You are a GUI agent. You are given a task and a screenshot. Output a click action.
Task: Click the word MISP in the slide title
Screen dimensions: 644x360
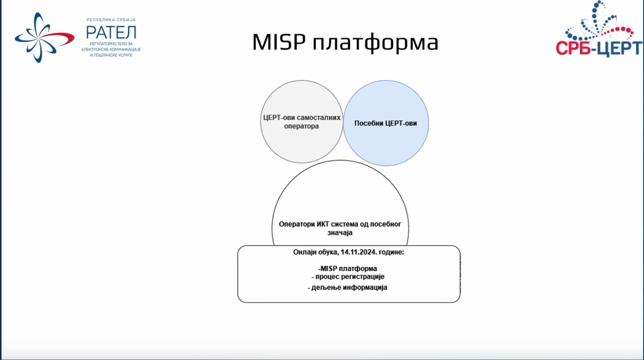[279, 42]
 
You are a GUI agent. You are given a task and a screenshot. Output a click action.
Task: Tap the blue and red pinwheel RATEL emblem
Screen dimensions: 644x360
[44, 38]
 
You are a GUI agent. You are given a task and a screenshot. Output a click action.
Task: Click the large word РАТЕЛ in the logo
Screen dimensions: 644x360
[111, 32]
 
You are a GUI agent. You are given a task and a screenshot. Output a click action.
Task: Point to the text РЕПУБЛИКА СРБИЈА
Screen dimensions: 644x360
[111, 20]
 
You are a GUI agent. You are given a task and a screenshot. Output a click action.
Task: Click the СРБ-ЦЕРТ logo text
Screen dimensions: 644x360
[599, 48]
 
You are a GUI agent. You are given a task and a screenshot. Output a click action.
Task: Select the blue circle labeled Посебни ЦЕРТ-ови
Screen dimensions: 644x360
[386, 123]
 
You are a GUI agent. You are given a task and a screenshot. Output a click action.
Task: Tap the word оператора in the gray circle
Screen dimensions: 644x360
[301, 126]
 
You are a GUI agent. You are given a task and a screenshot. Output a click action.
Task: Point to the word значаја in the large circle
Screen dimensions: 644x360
[340, 233]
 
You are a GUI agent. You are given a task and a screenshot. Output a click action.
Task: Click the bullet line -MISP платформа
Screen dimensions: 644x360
[348, 269]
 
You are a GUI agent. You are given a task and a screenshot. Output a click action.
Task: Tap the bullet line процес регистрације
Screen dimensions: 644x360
[348, 277]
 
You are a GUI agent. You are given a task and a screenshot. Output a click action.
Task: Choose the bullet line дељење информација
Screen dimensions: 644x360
[347, 287]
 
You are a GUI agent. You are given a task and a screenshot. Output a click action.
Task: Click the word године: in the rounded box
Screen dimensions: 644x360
[391, 252]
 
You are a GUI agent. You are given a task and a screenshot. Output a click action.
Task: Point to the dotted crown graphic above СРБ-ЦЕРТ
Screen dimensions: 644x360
[599, 21]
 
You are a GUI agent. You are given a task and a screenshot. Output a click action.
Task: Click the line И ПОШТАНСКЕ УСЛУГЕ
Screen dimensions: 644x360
[111, 55]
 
